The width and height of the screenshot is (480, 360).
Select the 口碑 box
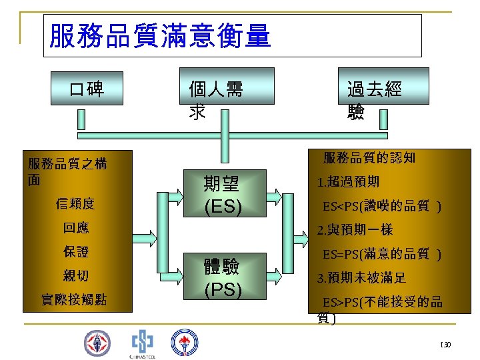click(x=87, y=87)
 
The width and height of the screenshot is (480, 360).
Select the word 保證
click(x=76, y=252)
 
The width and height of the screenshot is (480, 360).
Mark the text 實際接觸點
click(x=74, y=300)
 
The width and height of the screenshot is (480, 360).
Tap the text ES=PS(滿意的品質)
click(x=381, y=254)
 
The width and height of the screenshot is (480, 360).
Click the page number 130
click(x=445, y=345)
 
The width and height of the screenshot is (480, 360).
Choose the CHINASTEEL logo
click(x=142, y=343)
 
